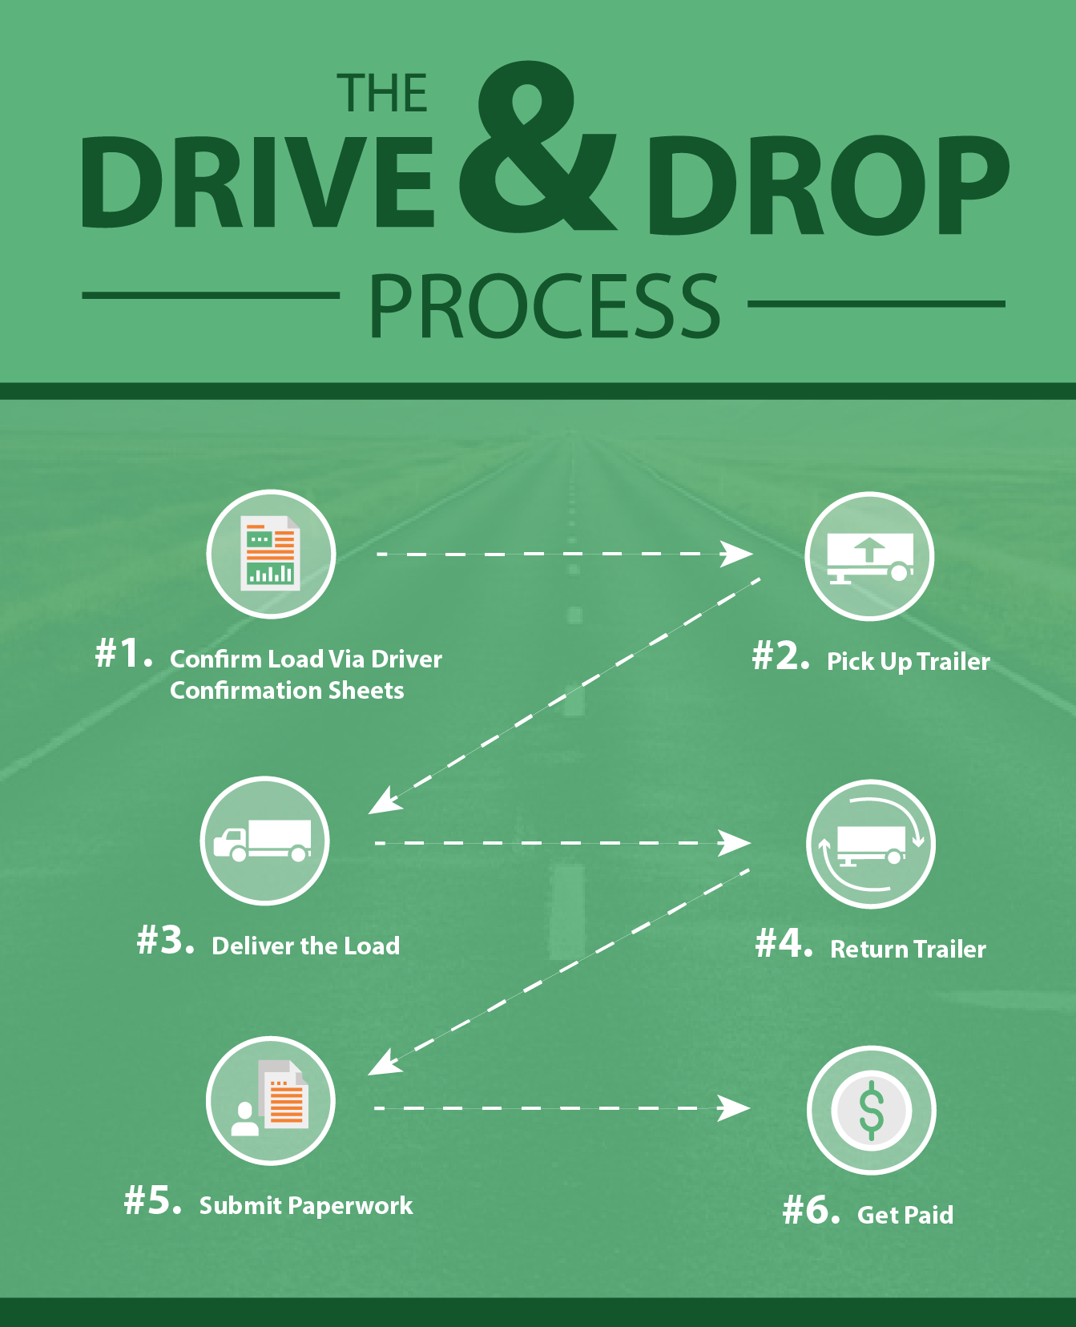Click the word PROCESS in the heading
pos(545,305)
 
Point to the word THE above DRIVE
pos(382,93)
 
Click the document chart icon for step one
pos(271,554)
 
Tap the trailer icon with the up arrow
pos(869,556)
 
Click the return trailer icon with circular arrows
pos(870,844)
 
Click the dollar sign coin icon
pos(871,1111)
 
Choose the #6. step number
pos(812,1209)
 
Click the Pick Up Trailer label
pos(909,662)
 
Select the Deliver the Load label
pos(306,946)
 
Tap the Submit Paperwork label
pos(306,1206)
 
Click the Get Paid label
pos(905,1215)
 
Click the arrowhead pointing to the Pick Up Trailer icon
pos(737,554)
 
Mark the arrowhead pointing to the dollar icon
pos(734,1108)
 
